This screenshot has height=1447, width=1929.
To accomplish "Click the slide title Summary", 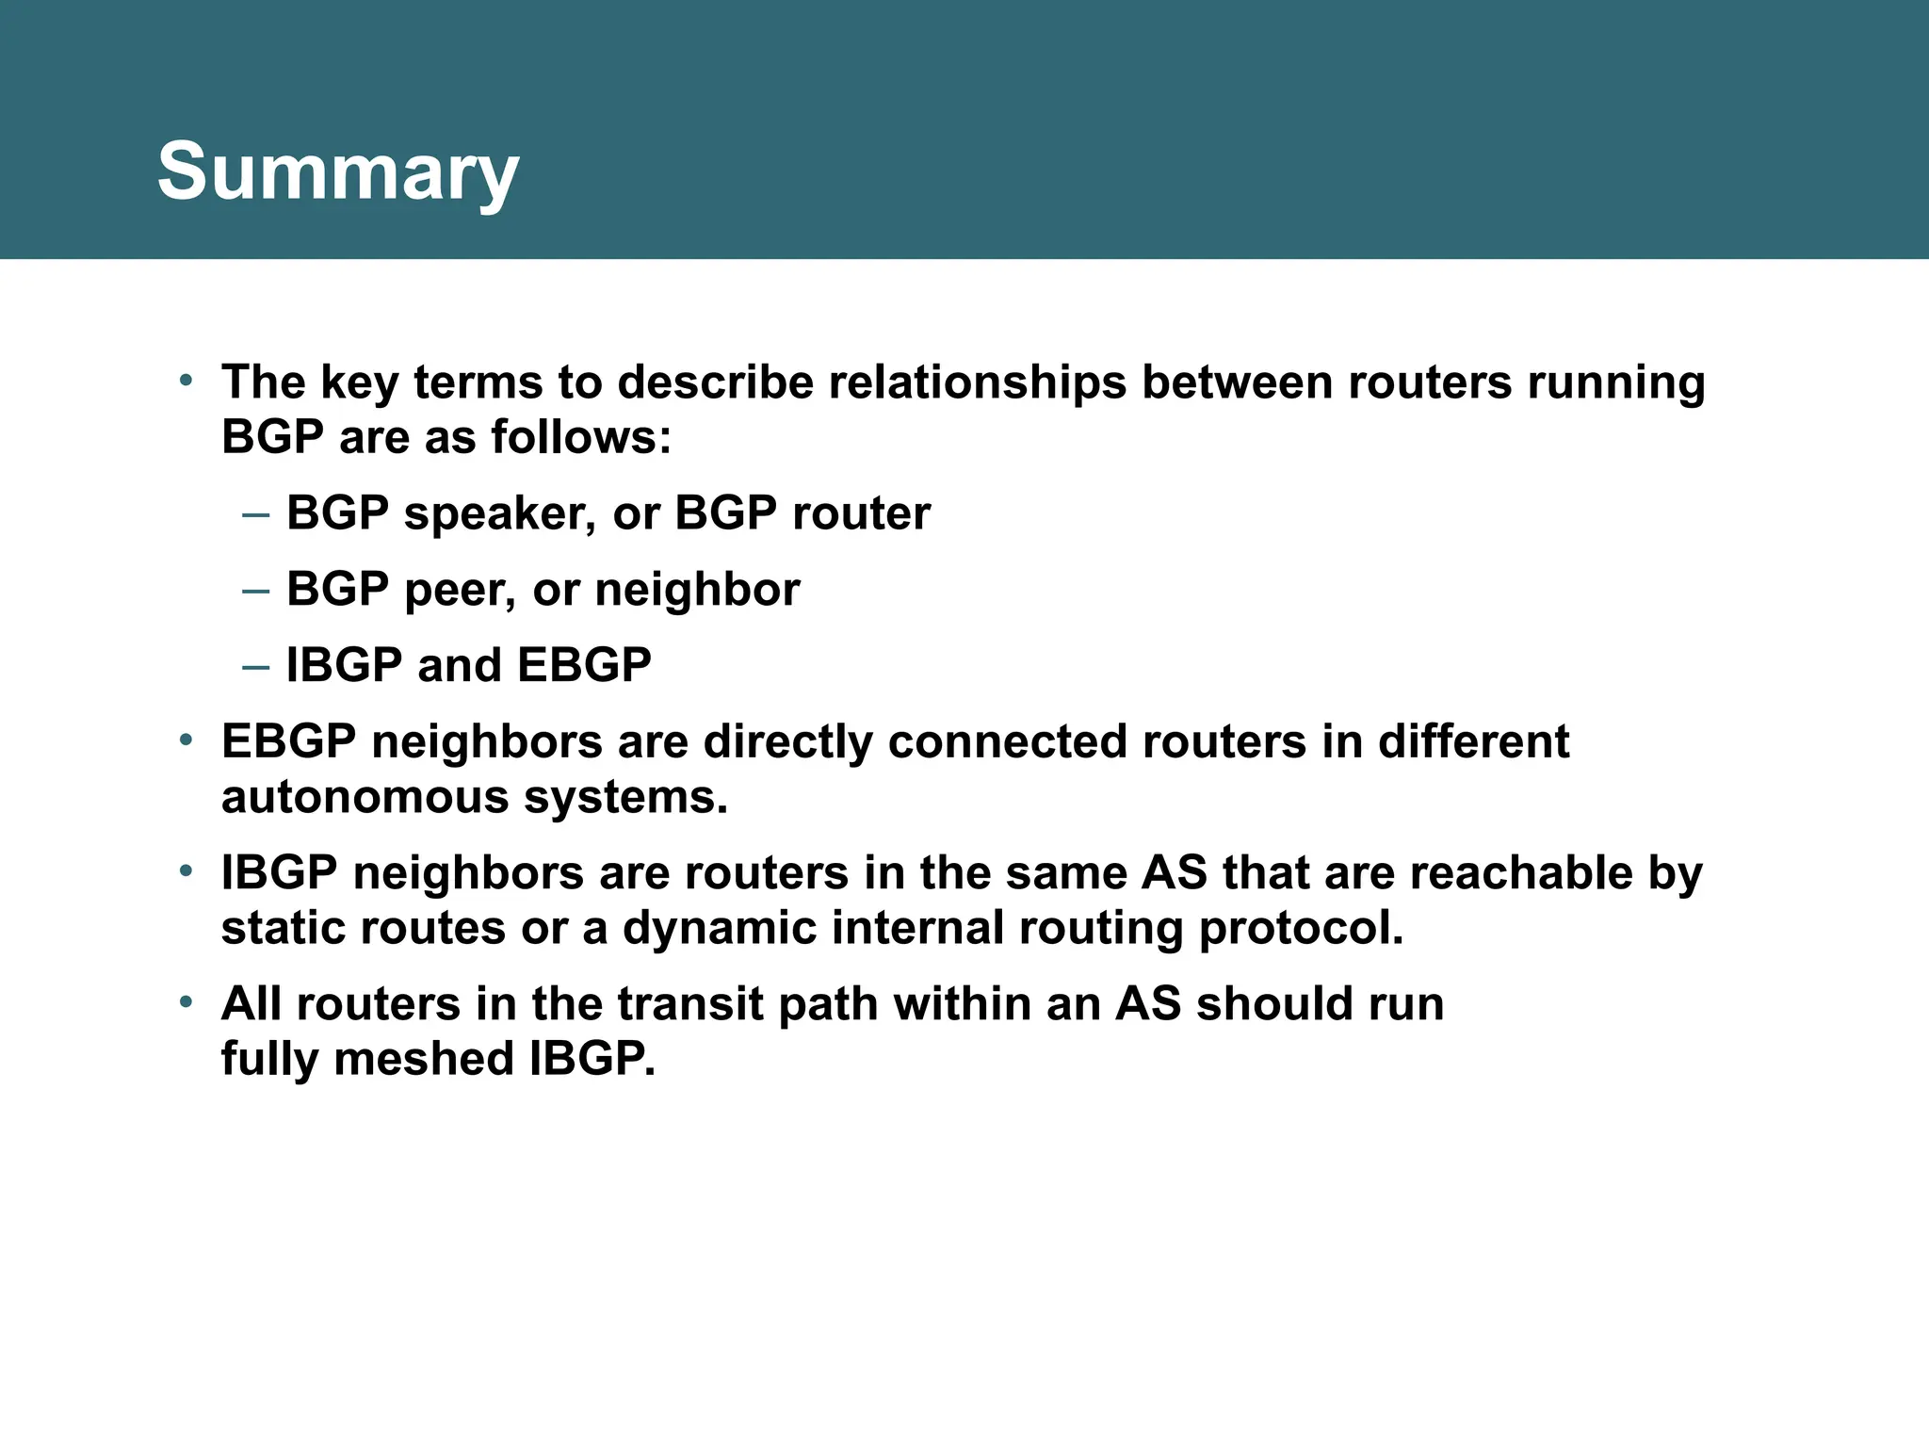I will pos(337,172).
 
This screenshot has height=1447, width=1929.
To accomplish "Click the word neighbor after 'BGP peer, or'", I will pos(697,590).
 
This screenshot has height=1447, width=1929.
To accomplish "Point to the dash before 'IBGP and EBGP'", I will pos(255,666).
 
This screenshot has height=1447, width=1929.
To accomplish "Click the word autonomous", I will pos(365,798).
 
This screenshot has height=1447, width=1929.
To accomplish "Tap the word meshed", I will pos(423,1059).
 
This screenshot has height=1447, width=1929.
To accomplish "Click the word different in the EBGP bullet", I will pos(1473,741).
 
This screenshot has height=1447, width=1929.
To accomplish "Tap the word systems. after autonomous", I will pos(625,798).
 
